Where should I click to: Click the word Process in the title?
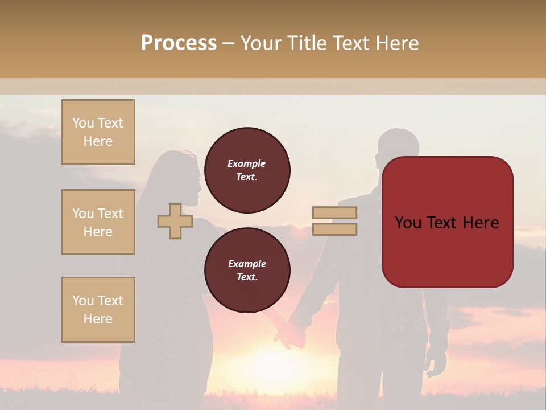[179, 43]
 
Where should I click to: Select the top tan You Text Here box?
[98, 132]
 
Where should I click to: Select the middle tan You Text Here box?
[98, 222]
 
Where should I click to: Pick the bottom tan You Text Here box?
[98, 310]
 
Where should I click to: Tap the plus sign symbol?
[175, 222]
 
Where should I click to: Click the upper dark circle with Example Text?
[247, 170]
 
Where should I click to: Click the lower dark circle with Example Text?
[247, 270]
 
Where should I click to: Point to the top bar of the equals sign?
[334, 213]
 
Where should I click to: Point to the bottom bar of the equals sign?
[334, 229]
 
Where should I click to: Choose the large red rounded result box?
[447, 222]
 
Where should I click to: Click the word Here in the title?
[396, 43]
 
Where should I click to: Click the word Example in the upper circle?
[247, 164]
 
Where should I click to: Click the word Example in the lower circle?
[247, 264]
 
